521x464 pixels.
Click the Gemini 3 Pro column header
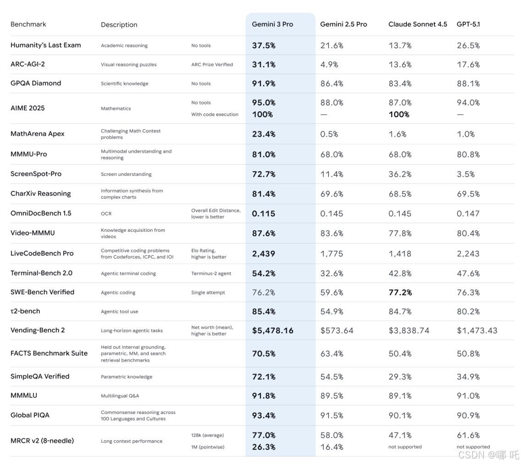coord(272,24)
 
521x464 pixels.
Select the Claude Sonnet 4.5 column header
coord(417,24)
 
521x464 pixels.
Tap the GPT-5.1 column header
coord(468,24)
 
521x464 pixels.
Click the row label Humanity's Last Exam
coord(45,45)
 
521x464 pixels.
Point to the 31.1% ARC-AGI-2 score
coord(263,65)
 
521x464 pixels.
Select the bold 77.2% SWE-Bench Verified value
coord(400,292)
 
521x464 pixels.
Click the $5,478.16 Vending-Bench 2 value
coord(273,330)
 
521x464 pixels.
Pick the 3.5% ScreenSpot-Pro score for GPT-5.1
coord(466,174)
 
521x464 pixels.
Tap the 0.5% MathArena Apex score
coord(329,134)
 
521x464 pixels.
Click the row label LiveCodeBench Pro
coord(42,253)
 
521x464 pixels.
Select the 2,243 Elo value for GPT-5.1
coord(468,254)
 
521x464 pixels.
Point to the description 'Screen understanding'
coord(126,174)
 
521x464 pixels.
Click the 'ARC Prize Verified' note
coord(212,65)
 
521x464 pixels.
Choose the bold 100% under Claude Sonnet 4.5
coord(399,114)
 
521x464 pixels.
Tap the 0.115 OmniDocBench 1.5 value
coord(263,213)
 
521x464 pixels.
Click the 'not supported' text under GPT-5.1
coord(473,447)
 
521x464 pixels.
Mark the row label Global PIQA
coord(30,415)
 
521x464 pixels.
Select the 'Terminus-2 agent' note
coord(211,274)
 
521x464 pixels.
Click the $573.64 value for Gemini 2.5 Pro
coord(337,330)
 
